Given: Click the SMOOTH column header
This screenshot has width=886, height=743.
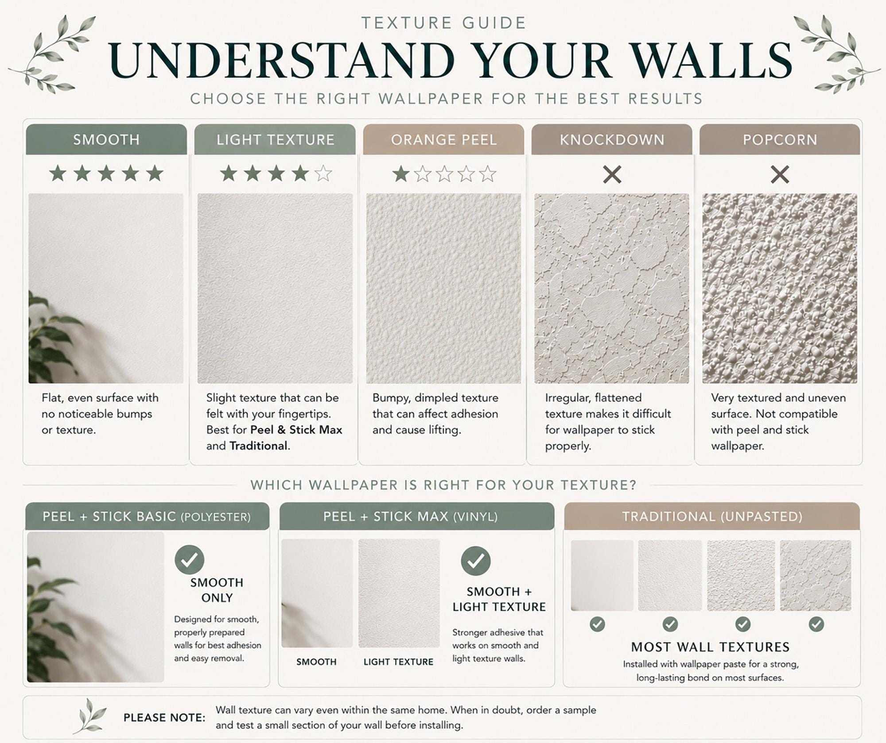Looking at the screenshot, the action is click(106, 139).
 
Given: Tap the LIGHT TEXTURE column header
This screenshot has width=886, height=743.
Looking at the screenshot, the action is click(275, 139).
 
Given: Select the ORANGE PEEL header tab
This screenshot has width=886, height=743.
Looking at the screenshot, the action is click(443, 139).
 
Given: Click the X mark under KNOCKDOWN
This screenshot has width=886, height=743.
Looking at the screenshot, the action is click(612, 174).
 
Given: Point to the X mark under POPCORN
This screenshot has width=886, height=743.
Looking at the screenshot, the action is click(780, 174).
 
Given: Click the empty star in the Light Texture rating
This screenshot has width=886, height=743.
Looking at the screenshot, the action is click(323, 173).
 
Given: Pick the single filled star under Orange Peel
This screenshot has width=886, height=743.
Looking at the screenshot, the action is click(401, 173).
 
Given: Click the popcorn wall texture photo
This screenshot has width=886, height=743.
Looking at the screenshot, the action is click(780, 288).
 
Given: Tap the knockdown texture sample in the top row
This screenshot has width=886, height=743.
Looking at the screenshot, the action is click(612, 288).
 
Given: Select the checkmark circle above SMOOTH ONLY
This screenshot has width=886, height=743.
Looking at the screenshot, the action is click(190, 560).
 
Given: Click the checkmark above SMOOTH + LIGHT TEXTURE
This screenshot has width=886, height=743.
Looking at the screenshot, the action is click(476, 561).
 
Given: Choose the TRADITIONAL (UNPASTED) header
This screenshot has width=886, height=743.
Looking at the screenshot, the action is click(712, 516).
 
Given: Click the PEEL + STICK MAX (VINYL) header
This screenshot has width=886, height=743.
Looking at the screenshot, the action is click(416, 516).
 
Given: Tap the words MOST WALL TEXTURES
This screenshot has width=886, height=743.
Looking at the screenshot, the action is click(711, 647).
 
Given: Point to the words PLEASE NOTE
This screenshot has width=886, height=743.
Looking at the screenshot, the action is click(164, 717).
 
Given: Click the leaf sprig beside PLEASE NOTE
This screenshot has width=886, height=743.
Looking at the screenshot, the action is click(90, 716).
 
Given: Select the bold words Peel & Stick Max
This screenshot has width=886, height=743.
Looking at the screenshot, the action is click(296, 430).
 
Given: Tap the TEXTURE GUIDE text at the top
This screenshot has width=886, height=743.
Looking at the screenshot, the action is click(444, 23).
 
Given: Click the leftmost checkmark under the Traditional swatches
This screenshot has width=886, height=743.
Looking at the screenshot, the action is click(597, 624).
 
